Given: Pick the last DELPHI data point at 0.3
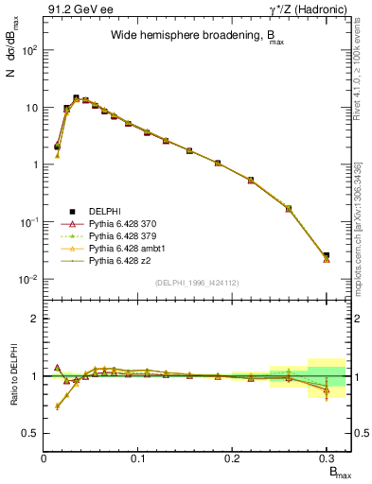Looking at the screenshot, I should click(326, 255).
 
